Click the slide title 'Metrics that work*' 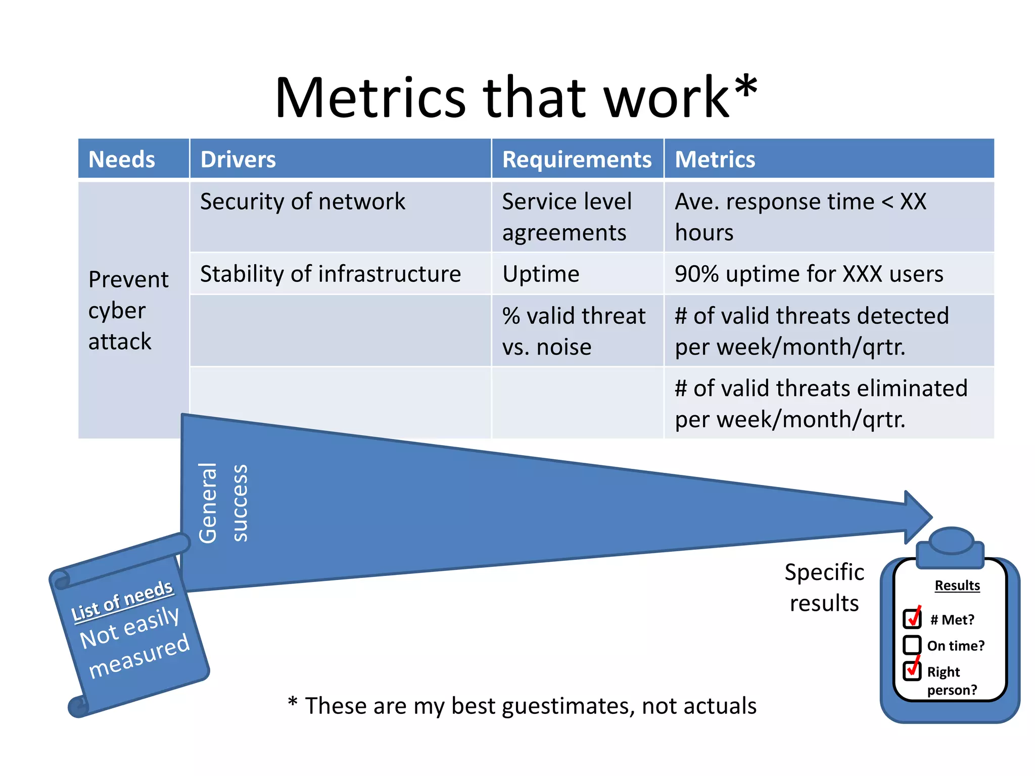[x=515, y=98]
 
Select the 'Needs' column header [x=121, y=160]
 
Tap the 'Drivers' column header [x=238, y=160]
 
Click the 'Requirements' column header [x=577, y=160]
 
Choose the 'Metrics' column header [x=715, y=160]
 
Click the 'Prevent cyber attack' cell [x=128, y=310]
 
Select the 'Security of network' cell [x=302, y=202]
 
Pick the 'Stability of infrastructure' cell [x=331, y=274]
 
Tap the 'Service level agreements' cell [x=567, y=217]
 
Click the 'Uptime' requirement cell [x=541, y=274]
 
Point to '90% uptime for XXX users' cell [x=809, y=274]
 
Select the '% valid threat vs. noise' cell [x=574, y=331]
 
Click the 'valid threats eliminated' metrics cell [x=821, y=404]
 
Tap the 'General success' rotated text [x=222, y=503]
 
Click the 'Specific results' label [x=824, y=588]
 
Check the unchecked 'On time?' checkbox [x=912, y=645]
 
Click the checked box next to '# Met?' [x=912, y=618]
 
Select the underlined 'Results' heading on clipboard [x=957, y=586]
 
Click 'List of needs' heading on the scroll [x=122, y=600]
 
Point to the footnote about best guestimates [x=522, y=706]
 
